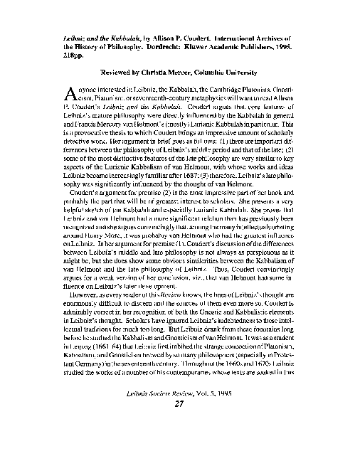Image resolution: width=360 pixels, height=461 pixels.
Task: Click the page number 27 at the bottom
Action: pyautogui.click(x=180, y=425)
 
